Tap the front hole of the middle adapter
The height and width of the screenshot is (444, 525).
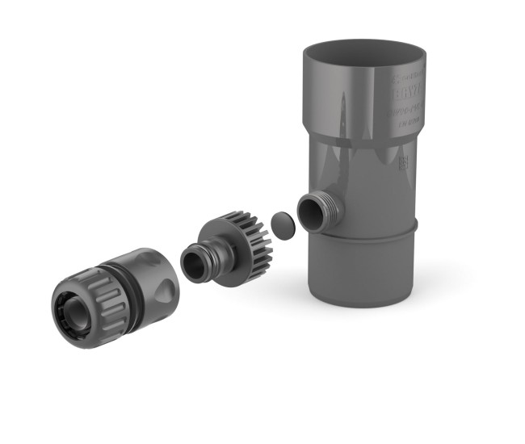pyautogui.click(x=193, y=265)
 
